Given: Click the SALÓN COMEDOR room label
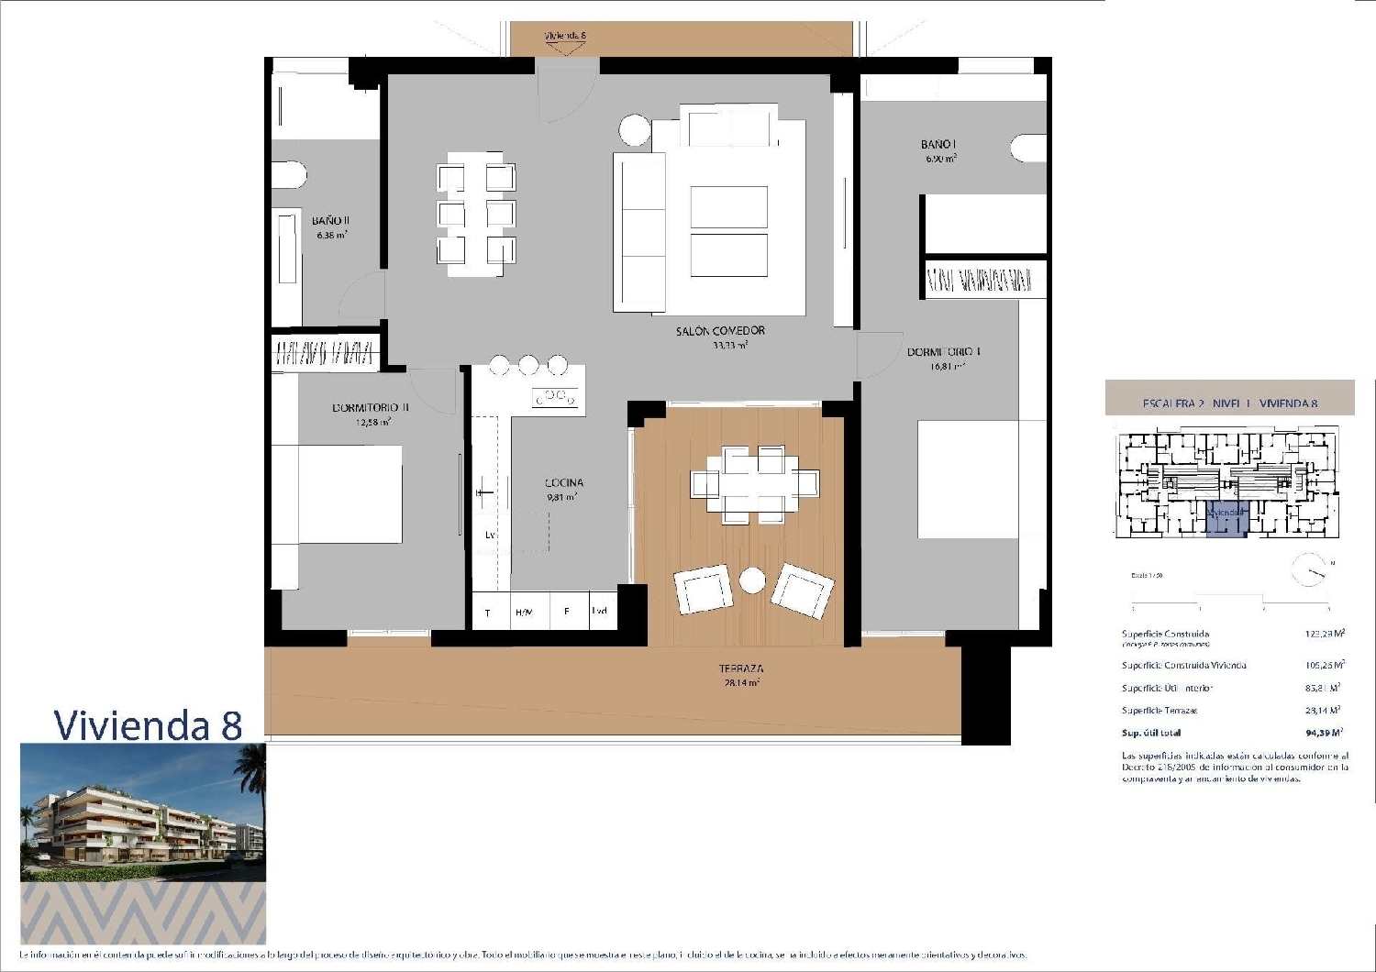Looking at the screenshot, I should tap(720, 331).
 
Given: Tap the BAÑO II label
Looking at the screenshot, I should tap(330, 221).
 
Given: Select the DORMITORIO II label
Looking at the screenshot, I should tap(371, 407).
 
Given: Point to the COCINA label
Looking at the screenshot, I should tap(563, 483).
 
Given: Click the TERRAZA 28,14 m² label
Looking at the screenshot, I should tap(741, 675).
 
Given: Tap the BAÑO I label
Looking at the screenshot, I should tap(939, 145).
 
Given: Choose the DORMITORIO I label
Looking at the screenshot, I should tap(944, 352).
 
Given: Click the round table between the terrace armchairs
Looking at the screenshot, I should tap(753, 580).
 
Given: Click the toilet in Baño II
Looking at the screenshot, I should tap(288, 175).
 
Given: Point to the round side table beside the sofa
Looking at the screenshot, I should tap(635, 129).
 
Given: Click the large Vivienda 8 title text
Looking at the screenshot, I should tap(148, 724).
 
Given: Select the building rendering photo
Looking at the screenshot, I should tap(143, 812).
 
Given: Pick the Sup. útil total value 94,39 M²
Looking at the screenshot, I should tap(1324, 733).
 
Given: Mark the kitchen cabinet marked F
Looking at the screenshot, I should tap(567, 612).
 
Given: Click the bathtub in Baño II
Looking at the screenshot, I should tap(287, 260).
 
